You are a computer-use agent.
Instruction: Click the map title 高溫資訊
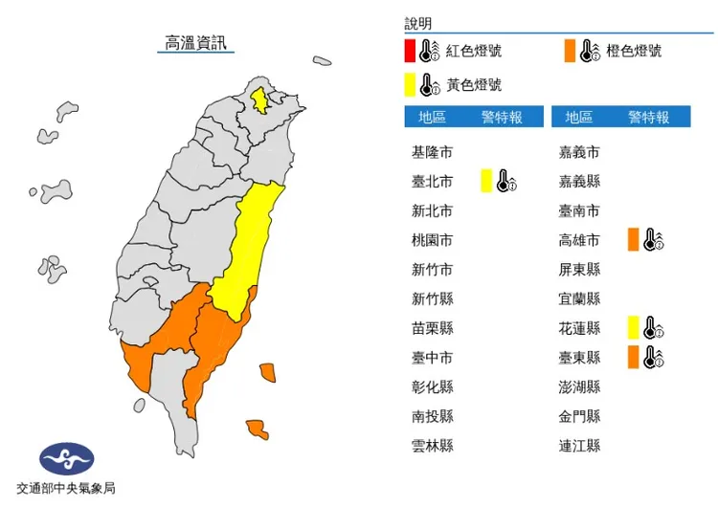click(197, 43)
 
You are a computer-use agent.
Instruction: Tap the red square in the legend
click(409, 51)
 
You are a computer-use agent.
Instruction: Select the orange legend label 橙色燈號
click(634, 51)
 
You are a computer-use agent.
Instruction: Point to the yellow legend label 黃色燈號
click(474, 85)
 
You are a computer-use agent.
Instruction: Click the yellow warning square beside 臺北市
click(485, 181)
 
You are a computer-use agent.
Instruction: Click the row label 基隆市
click(432, 152)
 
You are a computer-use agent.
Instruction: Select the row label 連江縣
click(580, 446)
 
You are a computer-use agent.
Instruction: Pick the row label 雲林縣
click(432, 446)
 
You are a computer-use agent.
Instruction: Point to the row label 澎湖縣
click(580, 387)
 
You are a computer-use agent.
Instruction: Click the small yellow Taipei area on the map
click(258, 99)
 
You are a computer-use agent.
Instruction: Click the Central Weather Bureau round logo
click(66, 458)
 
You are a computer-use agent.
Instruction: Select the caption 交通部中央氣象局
click(66, 489)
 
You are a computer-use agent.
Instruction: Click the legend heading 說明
click(418, 23)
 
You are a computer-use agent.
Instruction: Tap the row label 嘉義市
click(580, 152)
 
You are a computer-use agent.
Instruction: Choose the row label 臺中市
click(432, 358)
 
